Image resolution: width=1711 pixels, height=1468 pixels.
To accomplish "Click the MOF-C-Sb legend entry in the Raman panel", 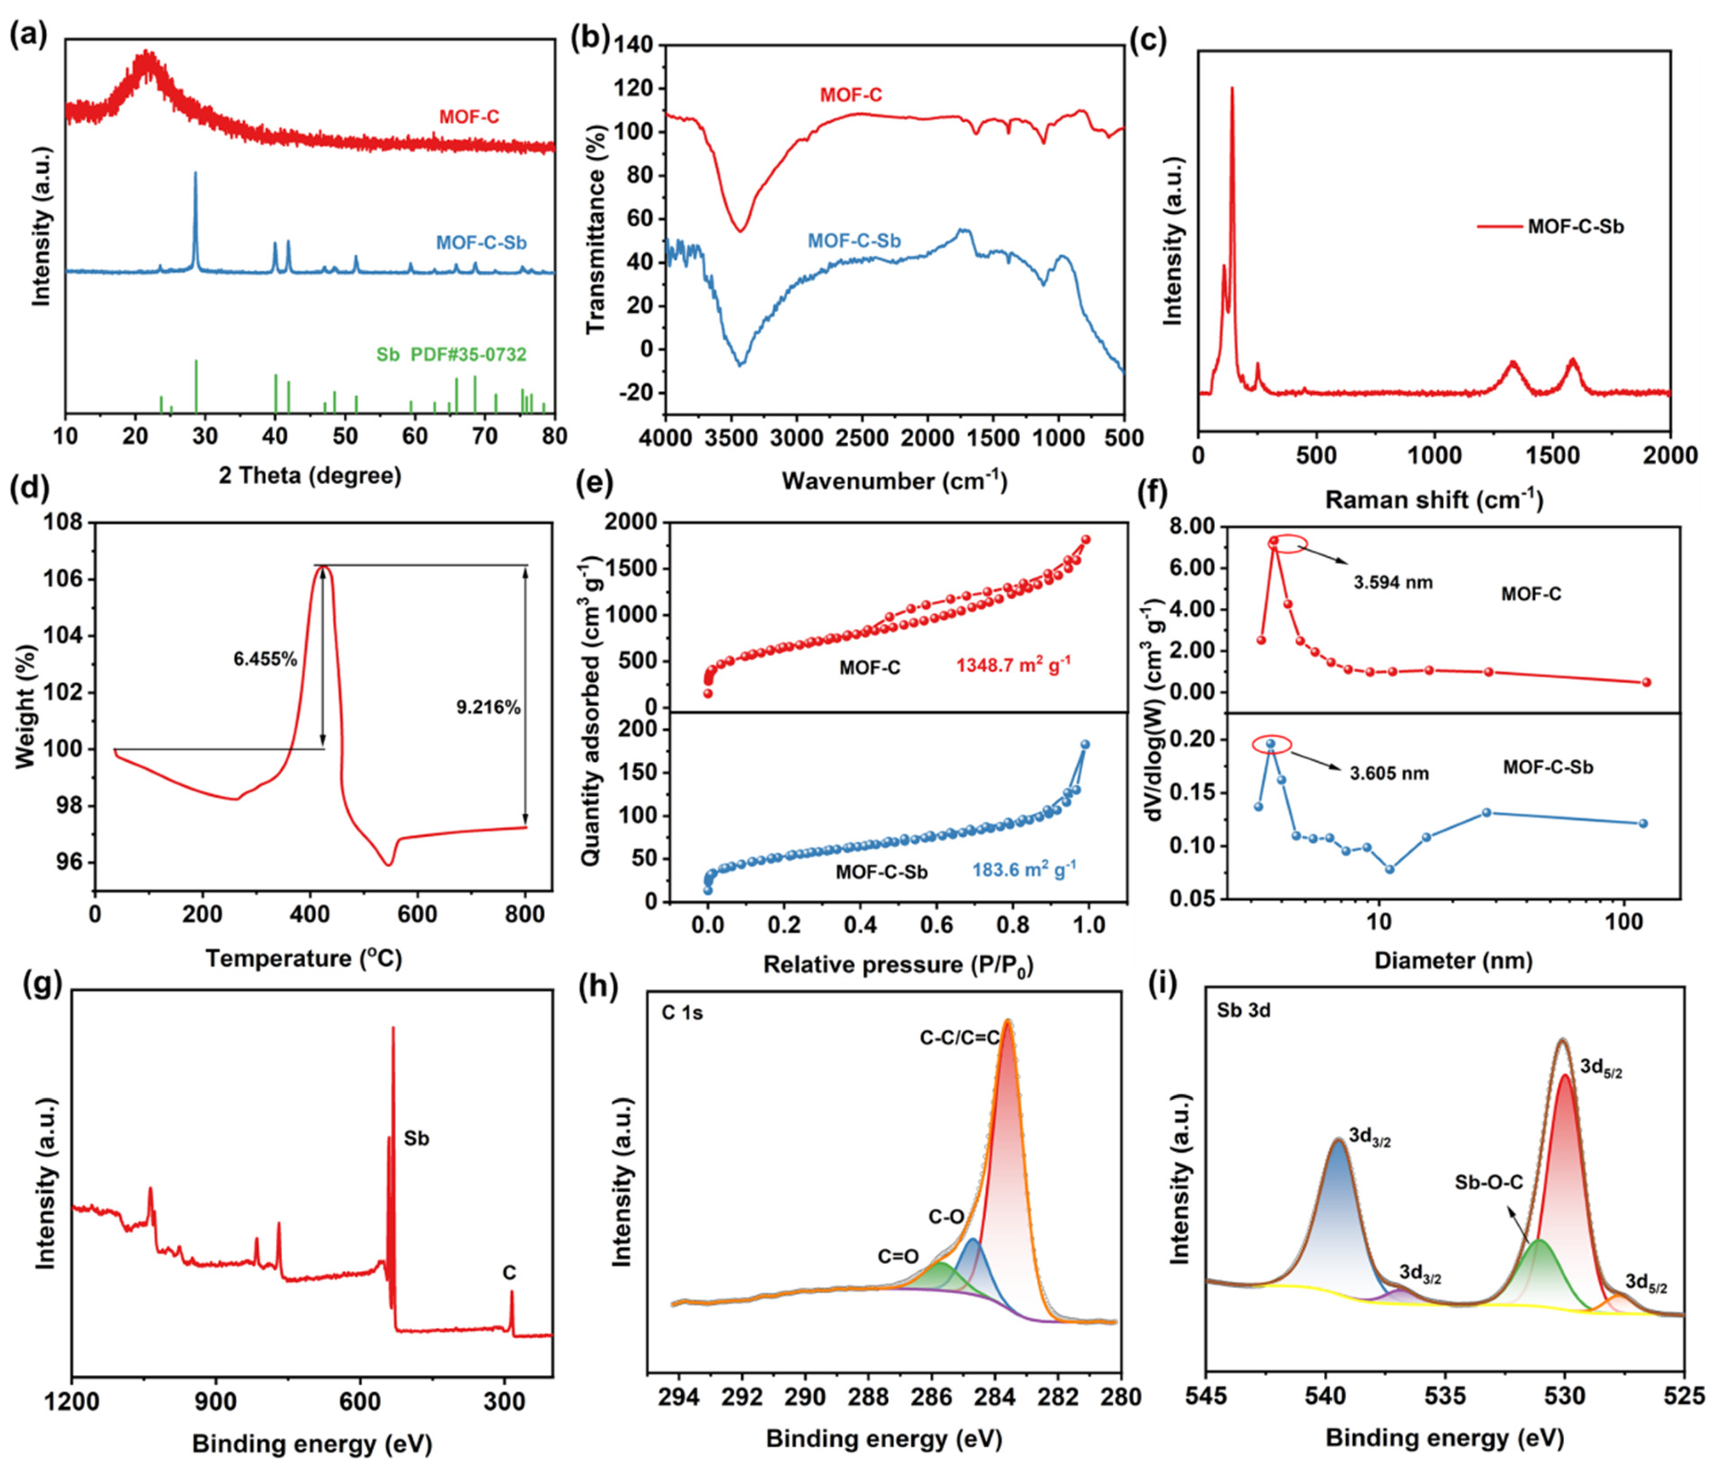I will [x=1575, y=226].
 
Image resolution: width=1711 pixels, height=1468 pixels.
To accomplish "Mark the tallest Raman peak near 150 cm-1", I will [x=1232, y=89].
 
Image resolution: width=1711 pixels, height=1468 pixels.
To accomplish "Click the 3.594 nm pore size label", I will [x=1392, y=583].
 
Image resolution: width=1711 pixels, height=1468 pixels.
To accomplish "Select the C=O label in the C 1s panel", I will [x=899, y=1257].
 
